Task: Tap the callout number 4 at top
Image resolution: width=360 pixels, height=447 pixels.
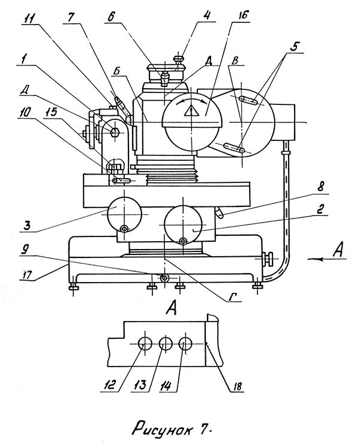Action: click(x=207, y=15)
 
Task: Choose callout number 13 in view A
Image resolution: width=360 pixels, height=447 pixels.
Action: click(x=141, y=386)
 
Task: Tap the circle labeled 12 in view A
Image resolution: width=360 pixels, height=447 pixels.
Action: click(x=145, y=344)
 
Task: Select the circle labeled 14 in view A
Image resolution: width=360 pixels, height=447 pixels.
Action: click(x=185, y=344)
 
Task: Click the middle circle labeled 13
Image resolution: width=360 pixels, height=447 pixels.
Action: click(x=166, y=344)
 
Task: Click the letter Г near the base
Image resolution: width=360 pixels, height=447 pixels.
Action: click(x=233, y=298)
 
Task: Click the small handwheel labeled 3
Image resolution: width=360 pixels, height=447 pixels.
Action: click(x=124, y=214)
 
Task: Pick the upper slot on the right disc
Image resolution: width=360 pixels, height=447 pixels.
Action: click(x=249, y=101)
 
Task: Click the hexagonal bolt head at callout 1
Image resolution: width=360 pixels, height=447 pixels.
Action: click(x=115, y=131)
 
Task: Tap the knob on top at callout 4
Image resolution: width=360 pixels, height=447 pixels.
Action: click(x=179, y=59)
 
